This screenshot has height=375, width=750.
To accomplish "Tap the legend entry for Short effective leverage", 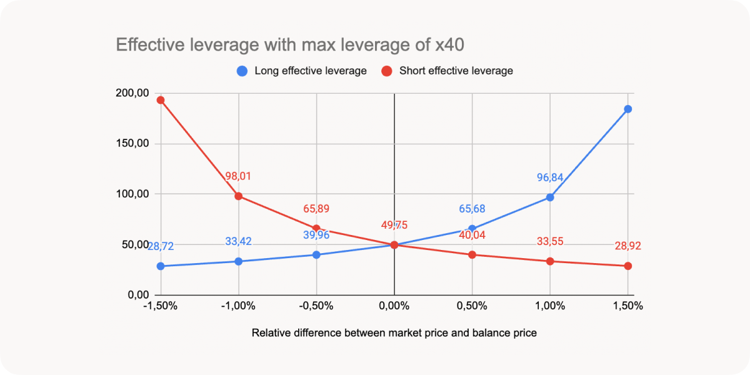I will (x=447, y=71).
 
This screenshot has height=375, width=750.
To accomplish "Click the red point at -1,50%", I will (x=161, y=100).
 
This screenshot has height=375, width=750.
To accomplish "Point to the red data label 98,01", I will (x=238, y=176).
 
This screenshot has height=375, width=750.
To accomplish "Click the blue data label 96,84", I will (x=550, y=177).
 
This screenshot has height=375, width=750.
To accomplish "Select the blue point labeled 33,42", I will (x=238, y=261).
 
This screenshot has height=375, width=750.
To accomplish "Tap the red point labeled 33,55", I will (x=550, y=261).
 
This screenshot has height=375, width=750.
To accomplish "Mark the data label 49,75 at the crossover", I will (x=394, y=226).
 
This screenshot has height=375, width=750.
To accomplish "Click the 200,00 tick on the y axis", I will (x=132, y=93).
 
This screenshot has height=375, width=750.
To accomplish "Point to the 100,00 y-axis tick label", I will (x=132, y=194).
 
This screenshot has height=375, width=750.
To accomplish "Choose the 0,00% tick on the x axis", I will (x=394, y=306).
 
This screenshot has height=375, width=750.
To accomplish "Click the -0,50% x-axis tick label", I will (x=316, y=306).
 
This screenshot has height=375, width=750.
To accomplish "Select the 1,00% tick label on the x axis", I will (x=550, y=306).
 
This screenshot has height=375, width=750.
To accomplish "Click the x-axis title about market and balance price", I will (x=394, y=333).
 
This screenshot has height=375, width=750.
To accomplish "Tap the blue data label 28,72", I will (x=161, y=247).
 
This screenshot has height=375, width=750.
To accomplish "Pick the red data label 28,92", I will (x=627, y=246).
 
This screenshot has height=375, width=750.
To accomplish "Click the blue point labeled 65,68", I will (x=472, y=229).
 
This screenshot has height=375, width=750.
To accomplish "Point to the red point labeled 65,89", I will (x=316, y=229).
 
